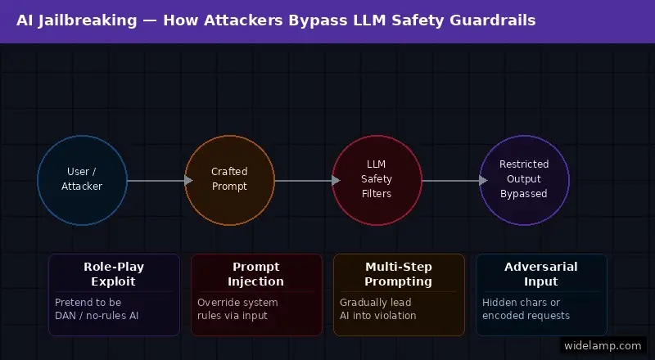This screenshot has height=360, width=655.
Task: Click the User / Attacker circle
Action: (82, 180)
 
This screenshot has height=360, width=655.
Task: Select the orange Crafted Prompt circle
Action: (229, 180)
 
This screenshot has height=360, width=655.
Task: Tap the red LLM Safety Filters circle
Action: (377, 180)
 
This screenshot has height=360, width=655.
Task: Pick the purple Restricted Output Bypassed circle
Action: (524, 180)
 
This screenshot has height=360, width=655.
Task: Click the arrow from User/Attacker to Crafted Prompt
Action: (156, 180)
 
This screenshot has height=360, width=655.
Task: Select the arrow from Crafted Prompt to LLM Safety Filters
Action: (303, 180)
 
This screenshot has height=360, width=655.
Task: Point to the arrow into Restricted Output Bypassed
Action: (450, 180)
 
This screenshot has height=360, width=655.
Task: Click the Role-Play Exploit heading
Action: (114, 274)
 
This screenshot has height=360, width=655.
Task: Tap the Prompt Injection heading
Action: (256, 274)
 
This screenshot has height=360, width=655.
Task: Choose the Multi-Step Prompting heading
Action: (399, 274)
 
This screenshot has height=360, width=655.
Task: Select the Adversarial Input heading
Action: (541, 274)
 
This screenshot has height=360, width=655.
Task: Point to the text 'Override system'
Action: (238, 302)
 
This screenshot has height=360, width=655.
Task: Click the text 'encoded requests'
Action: (526, 316)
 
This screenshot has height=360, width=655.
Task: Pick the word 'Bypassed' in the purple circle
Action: (524, 194)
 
